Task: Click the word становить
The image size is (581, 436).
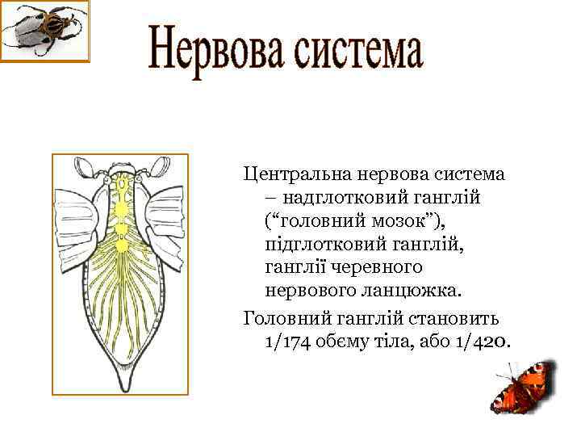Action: (454, 317)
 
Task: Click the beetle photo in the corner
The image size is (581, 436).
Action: (44, 31)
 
